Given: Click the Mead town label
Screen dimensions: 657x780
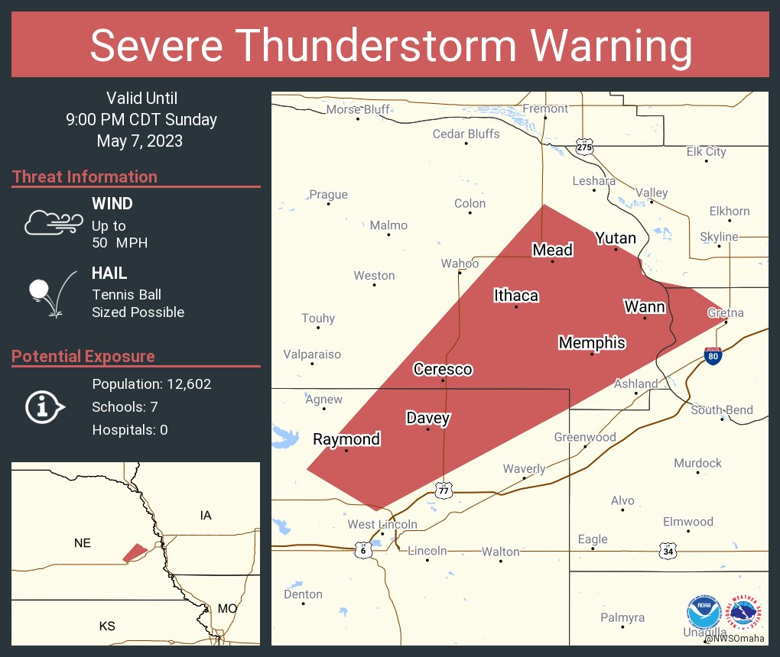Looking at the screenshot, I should point(552,250).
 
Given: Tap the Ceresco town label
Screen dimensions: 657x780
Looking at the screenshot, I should point(443,370).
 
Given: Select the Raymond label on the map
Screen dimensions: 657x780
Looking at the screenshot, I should point(346,439).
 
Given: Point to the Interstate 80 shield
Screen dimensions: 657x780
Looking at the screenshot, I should point(712,355).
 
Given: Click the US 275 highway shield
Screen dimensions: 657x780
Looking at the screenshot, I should point(584,147).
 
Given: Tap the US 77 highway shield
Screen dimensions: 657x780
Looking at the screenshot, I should point(444,490).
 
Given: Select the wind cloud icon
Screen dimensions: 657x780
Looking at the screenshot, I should point(53,222).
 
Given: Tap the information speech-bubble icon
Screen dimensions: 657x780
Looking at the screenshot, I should point(45,406).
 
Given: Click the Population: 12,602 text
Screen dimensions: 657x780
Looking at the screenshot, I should point(151,384).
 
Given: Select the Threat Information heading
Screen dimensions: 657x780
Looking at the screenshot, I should point(85,177).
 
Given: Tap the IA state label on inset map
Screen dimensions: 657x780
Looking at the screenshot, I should point(206,516).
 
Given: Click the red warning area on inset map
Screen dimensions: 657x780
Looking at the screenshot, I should point(135,552).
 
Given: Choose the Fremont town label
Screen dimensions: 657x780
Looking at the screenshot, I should point(545,108).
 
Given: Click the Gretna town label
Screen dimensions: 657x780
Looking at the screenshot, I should point(725,313).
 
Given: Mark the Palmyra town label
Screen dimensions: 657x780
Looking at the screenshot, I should point(622,617).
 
